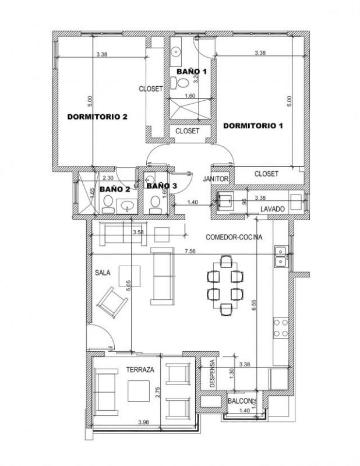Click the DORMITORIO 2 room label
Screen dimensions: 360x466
[97, 117]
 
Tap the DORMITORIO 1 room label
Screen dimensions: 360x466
[253, 126]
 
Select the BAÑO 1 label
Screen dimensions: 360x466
[191, 71]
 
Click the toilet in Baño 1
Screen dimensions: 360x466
[180, 83]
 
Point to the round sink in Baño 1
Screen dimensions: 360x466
[177, 52]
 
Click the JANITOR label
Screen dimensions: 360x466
[216, 179]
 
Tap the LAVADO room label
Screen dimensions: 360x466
[272, 209]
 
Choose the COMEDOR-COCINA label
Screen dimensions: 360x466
[234, 237]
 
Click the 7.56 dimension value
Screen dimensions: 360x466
[190, 251]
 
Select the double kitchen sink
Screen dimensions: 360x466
[281, 256]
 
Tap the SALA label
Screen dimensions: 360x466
[103, 273]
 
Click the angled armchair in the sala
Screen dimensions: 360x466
[112, 302]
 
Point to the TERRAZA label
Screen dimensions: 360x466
[140, 370]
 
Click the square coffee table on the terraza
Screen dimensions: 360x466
[139, 391]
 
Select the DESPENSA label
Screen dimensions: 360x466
[212, 373]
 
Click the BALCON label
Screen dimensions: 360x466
[240, 401]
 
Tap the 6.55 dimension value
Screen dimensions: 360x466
[253, 305]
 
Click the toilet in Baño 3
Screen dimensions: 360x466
[154, 205]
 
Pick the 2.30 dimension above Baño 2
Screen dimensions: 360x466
[108, 178]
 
